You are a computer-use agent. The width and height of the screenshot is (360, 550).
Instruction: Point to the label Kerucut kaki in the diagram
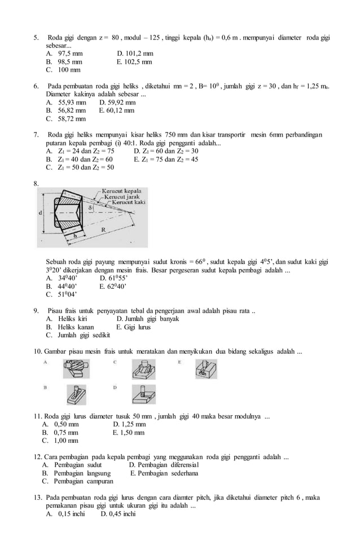point(129,202)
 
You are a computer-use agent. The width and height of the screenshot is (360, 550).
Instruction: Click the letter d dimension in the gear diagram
point(40,213)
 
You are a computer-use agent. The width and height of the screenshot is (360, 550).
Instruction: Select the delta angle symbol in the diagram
point(92,208)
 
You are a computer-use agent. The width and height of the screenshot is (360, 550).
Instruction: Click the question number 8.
point(36,183)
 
